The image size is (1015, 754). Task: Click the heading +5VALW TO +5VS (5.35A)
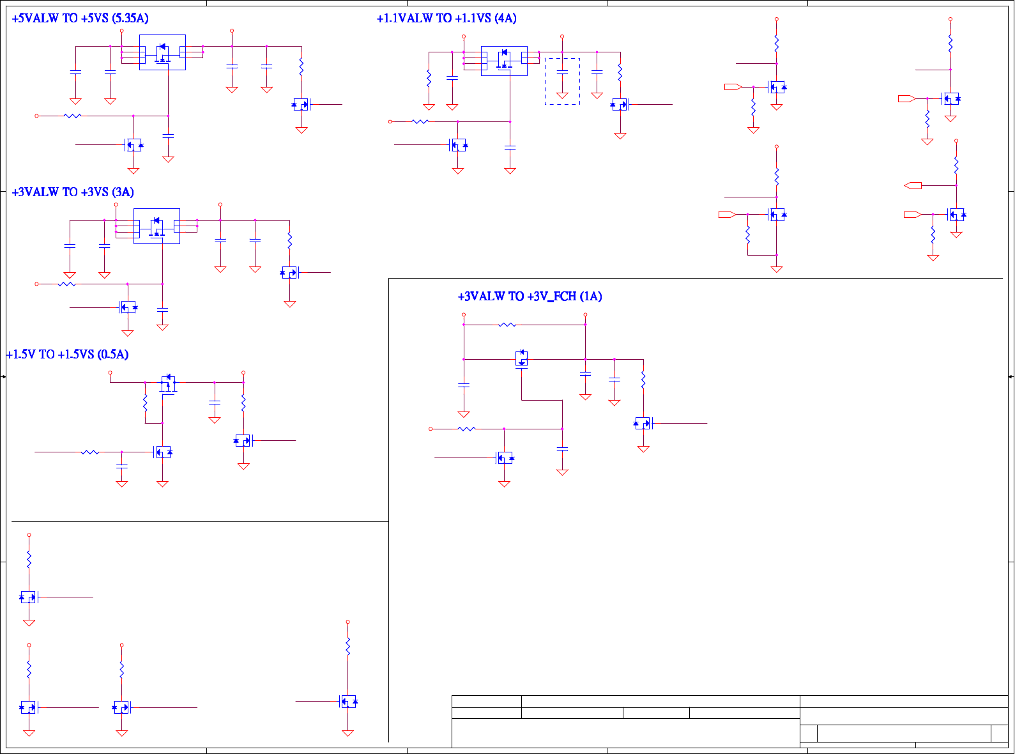(80, 19)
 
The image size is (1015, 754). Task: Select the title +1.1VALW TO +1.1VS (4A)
(446, 19)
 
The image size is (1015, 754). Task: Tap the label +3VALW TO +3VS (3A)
(73, 192)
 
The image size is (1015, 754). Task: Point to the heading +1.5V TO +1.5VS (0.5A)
(67, 355)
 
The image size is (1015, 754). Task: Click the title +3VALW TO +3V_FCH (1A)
(530, 296)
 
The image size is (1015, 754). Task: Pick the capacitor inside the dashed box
(562, 73)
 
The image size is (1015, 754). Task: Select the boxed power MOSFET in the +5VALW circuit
(162, 52)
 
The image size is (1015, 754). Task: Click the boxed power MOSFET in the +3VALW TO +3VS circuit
(156, 226)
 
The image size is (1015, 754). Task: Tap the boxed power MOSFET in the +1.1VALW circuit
(504, 61)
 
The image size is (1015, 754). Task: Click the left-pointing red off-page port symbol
(913, 185)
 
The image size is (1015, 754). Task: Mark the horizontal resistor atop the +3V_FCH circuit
(507, 325)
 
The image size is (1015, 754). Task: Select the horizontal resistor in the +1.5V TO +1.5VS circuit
(90, 452)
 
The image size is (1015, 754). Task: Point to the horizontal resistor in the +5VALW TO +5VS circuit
(73, 116)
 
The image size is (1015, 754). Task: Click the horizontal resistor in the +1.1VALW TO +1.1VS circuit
(420, 121)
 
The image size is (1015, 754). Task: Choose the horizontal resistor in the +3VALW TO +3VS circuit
(67, 284)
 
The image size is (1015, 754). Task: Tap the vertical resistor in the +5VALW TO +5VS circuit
(301, 66)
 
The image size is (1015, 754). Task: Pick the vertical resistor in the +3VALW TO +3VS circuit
(290, 240)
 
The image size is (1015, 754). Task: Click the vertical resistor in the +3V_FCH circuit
(643, 380)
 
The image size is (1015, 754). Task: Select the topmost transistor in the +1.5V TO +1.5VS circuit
(169, 383)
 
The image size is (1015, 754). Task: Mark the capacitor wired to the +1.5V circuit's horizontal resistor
(122, 467)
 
